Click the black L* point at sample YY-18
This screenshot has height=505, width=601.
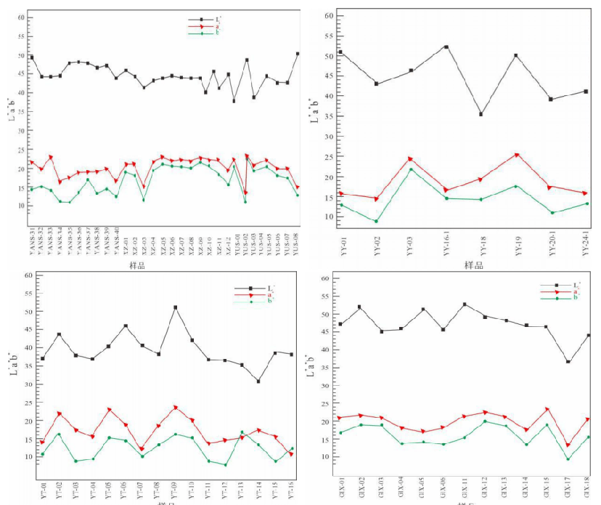481,114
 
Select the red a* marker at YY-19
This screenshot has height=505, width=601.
517,155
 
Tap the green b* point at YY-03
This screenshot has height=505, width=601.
411,169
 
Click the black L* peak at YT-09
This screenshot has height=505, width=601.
175,307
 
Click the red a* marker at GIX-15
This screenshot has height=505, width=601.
547,409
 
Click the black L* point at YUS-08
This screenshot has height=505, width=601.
298,54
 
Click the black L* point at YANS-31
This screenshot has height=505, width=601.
31,57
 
